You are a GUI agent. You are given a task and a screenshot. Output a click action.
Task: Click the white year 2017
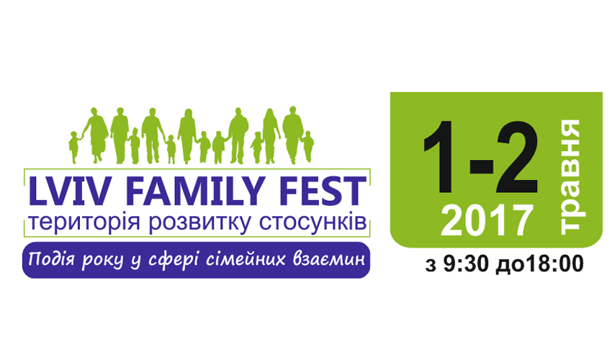pyautogui.click(x=487, y=220)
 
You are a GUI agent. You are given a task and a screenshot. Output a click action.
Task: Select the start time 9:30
pyautogui.click(x=467, y=264)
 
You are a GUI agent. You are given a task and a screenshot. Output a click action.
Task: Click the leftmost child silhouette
pyautogui.click(x=74, y=147)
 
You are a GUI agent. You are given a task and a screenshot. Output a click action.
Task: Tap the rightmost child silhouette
pyautogui.click(x=308, y=146)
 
